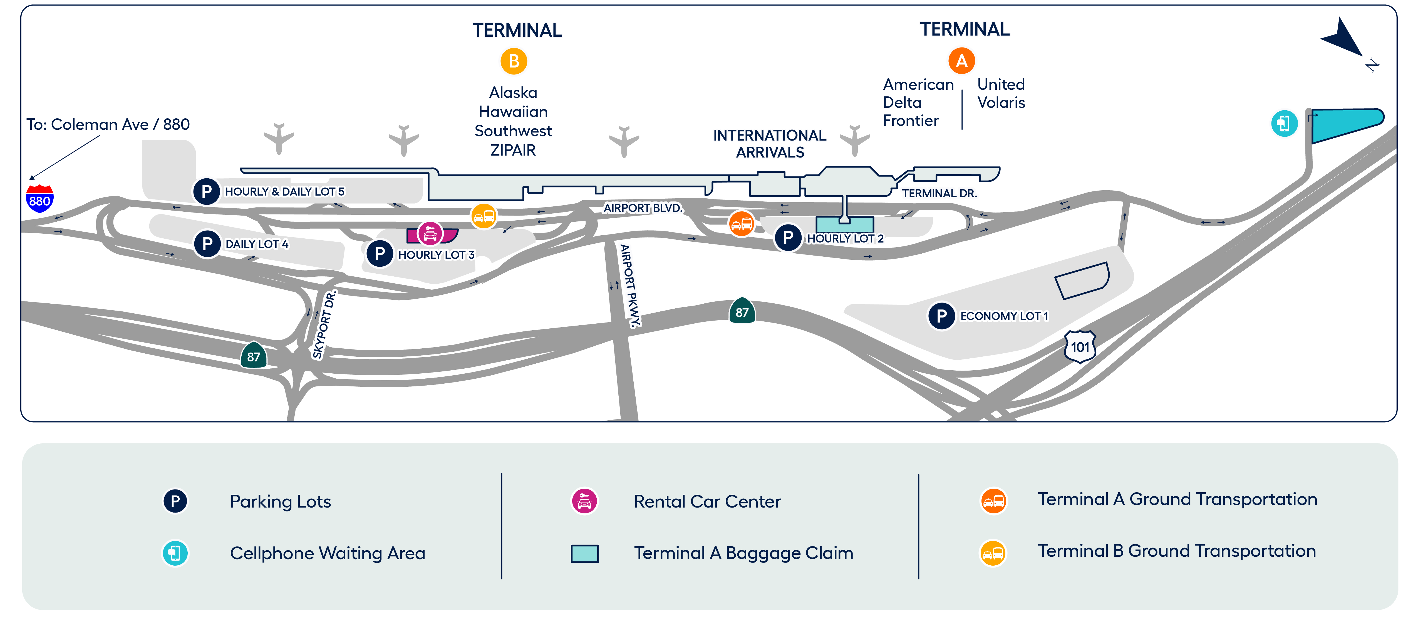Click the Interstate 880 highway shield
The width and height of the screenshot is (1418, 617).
pyautogui.click(x=40, y=199)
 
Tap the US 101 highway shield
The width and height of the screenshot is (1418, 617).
pyautogui.click(x=1079, y=346)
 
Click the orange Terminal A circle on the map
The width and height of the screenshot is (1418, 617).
pyautogui.click(x=961, y=61)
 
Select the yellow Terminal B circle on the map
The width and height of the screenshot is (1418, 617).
pyautogui.click(x=514, y=62)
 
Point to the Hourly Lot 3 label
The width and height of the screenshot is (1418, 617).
pyautogui.click(x=436, y=255)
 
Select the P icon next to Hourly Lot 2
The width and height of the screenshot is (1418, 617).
pyautogui.click(x=788, y=238)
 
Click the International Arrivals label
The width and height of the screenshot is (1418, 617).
pyautogui.click(x=770, y=144)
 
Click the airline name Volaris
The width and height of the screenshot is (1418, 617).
pyautogui.click(x=1001, y=103)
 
